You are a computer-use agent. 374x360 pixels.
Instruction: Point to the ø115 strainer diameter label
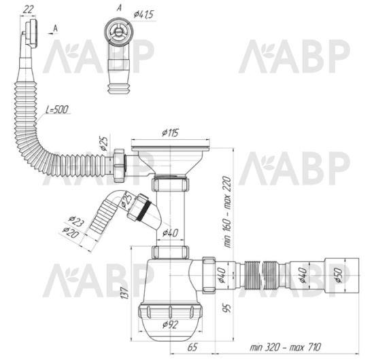tap(169, 133)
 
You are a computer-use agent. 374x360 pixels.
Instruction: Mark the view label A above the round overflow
tap(120, 6)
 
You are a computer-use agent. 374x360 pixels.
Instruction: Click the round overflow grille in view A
tap(119, 28)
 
